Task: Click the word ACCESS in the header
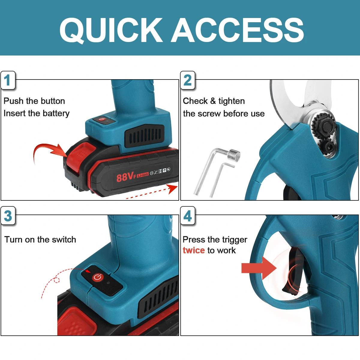[x=237, y=30]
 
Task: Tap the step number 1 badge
[x=8, y=80]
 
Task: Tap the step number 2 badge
[x=187, y=80]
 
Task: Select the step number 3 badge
[x=8, y=216]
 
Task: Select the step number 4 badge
[x=187, y=216]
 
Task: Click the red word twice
[x=194, y=250]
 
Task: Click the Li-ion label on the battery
[x=142, y=175]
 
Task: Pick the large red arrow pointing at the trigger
[x=259, y=268]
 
